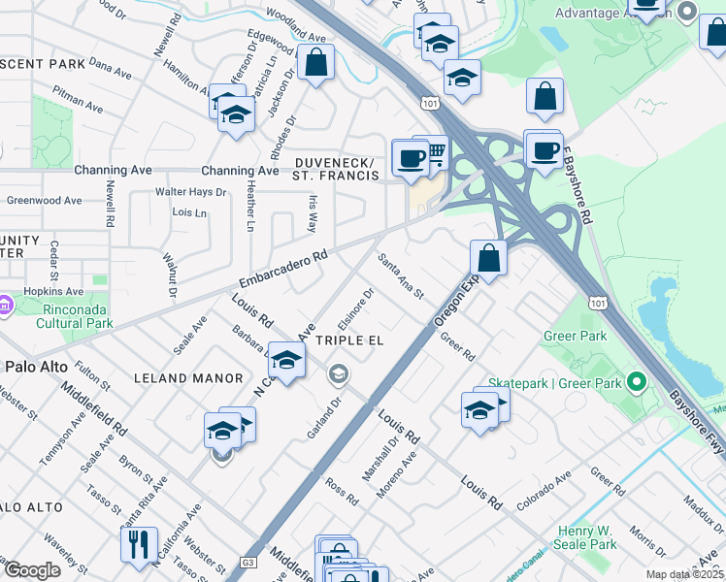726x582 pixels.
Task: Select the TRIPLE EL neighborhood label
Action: click(x=349, y=340)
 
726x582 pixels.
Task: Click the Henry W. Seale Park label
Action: click(x=587, y=537)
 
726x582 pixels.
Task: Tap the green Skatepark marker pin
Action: click(x=637, y=382)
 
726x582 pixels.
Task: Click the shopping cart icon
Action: click(x=434, y=152)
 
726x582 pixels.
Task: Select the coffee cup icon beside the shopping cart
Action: click(x=410, y=157)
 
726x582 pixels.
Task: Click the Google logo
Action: click(x=32, y=570)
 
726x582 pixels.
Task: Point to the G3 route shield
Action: click(x=247, y=562)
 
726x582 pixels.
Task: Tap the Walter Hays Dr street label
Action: click(x=190, y=192)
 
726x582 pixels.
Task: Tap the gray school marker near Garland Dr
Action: click(x=339, y=373)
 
